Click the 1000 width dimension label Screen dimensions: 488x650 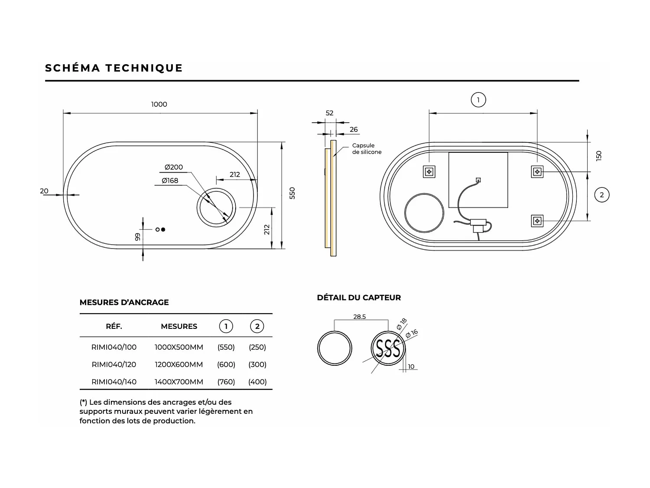click(x=159, y=104)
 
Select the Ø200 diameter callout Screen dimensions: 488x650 click(x=173, y=167)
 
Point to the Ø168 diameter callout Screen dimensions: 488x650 click(x=170, y=180)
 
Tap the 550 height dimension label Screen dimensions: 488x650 click(x=292, y=193)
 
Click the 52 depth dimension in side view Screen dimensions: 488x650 click(x=329, y=113)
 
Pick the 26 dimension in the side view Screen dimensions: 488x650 click(x=354, y=129)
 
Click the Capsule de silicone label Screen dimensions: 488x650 click(x=367, y=149)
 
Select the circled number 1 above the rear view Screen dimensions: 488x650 click(x=478, y=100)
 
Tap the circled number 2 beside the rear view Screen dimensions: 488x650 click(x=601, y=195)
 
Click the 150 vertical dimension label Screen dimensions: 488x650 click(x=599, y=156)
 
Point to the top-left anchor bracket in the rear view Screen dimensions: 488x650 click(x=429, y=172)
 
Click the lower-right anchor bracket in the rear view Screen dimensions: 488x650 click(x=537, y=221)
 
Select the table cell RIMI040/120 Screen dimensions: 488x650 click(x=114, y=364)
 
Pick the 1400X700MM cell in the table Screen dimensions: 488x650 click(x=179, y=382)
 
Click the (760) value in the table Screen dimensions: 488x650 click(x=226, y=382)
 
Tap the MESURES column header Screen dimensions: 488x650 click(x=179, y=326)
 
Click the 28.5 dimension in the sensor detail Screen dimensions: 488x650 click(x=359, y=317)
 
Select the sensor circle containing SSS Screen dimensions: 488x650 click(x=387, y=348)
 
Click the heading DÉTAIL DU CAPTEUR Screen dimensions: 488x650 click(x=359, y=298)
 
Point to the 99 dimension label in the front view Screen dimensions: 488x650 click(x=138, y=237)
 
